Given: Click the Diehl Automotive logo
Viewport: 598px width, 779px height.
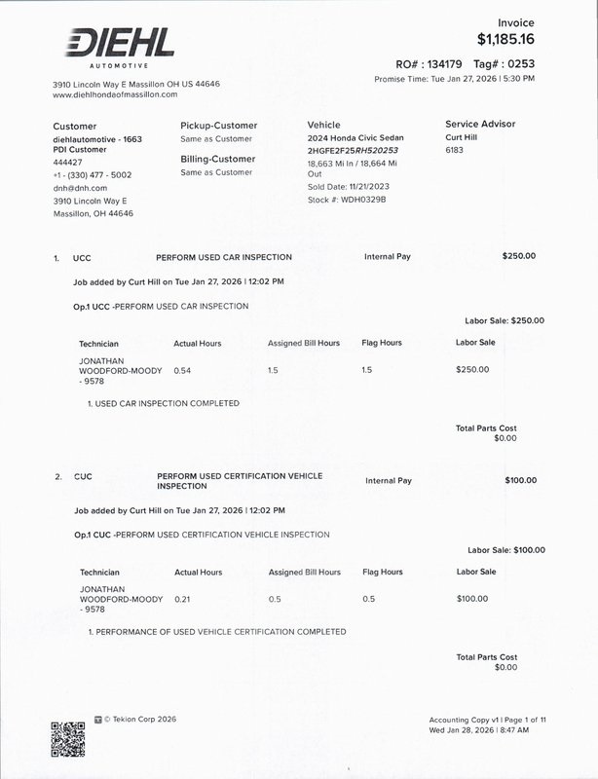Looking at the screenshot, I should coord(121,46).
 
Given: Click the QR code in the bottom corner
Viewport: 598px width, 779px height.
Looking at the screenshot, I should coord(67,739).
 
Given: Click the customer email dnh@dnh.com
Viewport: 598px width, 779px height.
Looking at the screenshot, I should coord(80,188).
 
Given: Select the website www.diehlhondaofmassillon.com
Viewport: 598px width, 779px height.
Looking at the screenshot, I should coord(115,94).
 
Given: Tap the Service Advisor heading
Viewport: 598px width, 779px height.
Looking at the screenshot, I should coord(480,125).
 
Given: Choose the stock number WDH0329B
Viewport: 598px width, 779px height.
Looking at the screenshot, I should coord(363,199).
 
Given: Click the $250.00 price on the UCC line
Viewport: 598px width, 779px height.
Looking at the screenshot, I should coord(518,256).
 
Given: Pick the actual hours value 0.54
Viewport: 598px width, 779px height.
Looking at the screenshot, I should coord(181,370).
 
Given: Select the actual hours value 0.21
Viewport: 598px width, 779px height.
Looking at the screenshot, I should coord(182,598).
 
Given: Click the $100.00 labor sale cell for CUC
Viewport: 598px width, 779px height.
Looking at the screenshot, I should coord(471,598).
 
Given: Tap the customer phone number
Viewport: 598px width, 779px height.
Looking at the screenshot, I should coord(93,175).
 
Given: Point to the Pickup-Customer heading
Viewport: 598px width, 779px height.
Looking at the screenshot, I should coord(218,126).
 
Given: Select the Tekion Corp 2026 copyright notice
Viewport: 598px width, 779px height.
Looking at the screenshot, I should coord(140,720).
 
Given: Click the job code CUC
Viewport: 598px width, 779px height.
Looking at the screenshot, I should coord(82,476).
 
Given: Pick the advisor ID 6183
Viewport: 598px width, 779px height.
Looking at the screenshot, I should coord(454,150).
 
